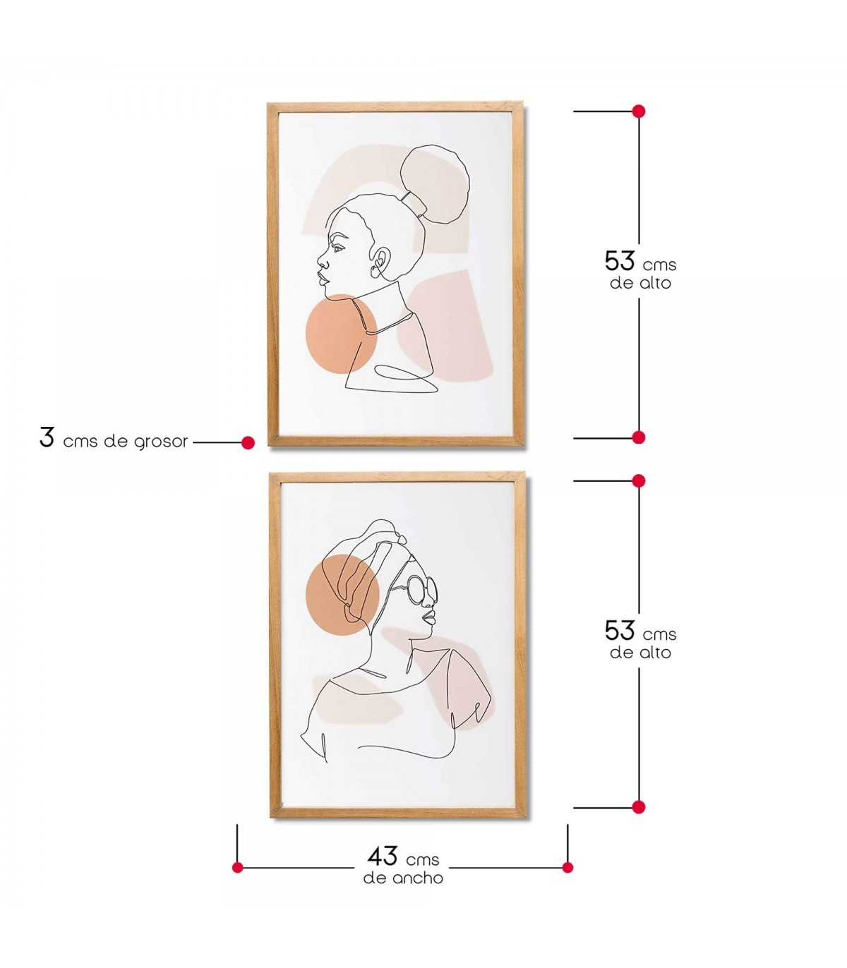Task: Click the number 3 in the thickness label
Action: point(47,437)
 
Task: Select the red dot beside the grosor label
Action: point(248,442)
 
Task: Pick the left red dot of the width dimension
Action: point(238,868)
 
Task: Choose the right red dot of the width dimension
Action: point(567,868)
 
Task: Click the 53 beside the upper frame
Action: point(620,260)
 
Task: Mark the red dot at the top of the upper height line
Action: point(638,111)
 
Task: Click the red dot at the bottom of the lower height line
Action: point(638,807)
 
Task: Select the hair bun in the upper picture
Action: point(435,185)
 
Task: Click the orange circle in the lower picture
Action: point(342,595)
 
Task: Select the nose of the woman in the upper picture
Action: point(323,259)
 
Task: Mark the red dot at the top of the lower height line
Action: point(638,481)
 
